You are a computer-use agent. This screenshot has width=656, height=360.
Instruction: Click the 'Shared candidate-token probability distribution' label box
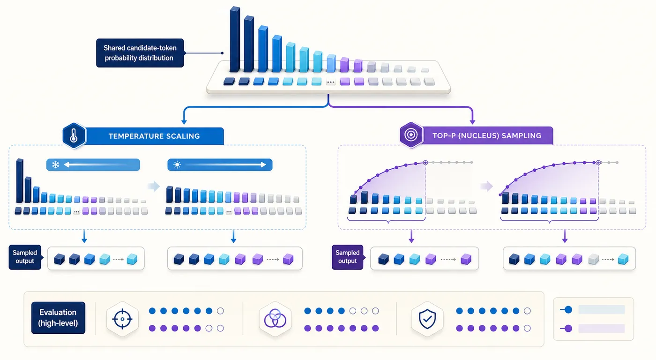click(140, 53)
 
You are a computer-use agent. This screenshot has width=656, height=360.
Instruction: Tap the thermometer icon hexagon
click(74, 136)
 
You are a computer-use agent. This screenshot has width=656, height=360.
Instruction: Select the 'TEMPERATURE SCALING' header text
click(154, 136)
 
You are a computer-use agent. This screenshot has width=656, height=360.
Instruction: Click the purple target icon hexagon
click(411, 135)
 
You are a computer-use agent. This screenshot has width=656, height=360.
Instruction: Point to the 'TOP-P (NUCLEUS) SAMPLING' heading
click(487, 135)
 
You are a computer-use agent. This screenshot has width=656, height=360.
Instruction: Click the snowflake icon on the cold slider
click(56, 165)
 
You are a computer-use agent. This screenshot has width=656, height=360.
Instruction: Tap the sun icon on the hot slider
click(177, 165)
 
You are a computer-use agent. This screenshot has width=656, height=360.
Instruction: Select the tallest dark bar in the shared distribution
click(235, 39)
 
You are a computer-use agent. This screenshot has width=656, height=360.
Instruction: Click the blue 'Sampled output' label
click(25, 257)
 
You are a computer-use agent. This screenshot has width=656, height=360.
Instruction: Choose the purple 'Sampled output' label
click(348, 257)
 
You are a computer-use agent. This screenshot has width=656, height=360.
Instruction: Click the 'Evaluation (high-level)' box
click(58, 318)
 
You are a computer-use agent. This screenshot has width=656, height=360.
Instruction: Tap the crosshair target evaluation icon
click(122, 319)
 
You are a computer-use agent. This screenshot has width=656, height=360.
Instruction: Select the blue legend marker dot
click(568, 310)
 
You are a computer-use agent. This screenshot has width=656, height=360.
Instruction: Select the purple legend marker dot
click(568, 329)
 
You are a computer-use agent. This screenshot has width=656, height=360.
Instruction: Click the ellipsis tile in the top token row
click(331, 82)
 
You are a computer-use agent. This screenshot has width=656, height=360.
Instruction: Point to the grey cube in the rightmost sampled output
click(593, 259)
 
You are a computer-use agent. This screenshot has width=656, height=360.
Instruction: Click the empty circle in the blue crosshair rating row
click(220, 311)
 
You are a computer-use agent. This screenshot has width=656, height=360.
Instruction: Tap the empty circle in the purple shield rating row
click(527, 329)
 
